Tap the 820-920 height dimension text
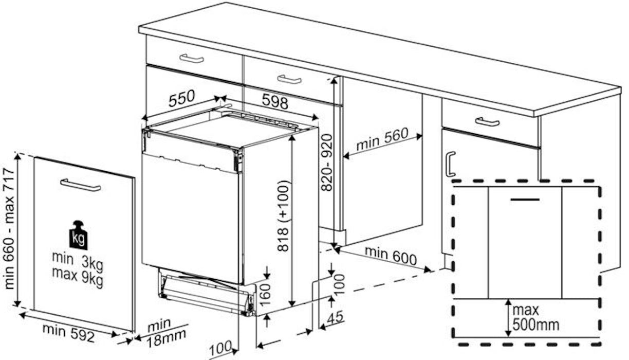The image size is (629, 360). pos(327,163)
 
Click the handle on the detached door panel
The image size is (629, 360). pos(80,185)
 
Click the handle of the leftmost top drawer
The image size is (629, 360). pos(192,59)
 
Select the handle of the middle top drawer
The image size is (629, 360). pos(289,79)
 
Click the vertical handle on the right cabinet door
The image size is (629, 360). pos(450,165)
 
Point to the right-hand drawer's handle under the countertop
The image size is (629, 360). pos(487,122)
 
